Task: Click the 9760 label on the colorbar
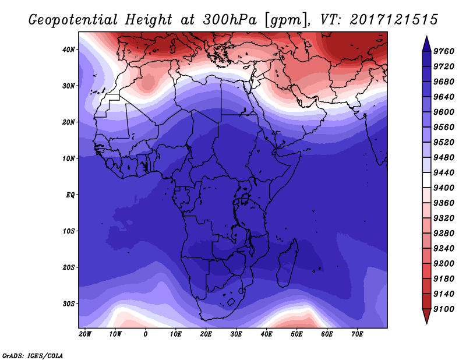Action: tap(444, 51)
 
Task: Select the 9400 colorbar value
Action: tap(444, 188)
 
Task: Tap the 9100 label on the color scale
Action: tap(444, 309)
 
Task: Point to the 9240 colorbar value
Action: tap(444, 249)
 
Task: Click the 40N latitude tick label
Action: tap(69, 50)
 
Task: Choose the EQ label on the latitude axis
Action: tap(70, 195)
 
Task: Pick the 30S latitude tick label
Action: tap(69, 304)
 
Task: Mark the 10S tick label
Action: tap(69, 231)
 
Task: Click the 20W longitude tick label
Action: tap(85, 334)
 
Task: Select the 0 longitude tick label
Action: tap(145, 334)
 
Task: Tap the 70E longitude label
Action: tap(357, 334)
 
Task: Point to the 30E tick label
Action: tap(236, 334)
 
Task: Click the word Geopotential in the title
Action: tap(73, 20)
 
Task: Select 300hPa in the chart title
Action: tap(230, 20)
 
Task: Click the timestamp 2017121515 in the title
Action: tap(394, 20)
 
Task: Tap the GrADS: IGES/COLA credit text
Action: tap(33, 356)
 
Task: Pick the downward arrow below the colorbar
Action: tap(426, 316)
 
